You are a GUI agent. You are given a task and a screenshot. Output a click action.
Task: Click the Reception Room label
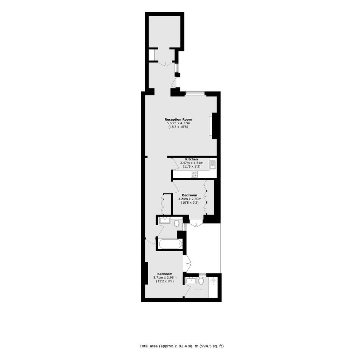[x=178, y=119]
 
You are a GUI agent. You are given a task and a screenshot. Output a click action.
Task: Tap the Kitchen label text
[x=191, y=159]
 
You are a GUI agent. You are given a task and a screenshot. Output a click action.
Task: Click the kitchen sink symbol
[x=213, y=165]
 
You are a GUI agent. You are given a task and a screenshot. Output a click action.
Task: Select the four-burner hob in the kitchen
[x=194, y=174]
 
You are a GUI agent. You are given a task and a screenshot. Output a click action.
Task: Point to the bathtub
[x=170, y=244]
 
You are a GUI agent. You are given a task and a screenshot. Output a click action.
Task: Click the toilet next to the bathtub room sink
[x=177, y=223]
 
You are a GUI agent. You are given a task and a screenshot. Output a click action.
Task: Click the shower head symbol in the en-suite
[x=214, y=280]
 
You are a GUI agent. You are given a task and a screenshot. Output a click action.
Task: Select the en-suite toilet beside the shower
[x=201, y=281]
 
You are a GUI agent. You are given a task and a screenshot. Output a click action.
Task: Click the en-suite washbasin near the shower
[x=191, y=281]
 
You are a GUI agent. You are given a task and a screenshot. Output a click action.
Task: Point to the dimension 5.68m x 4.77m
[x=178, y=123]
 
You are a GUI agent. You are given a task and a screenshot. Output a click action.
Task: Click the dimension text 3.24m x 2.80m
[x=190, y=199]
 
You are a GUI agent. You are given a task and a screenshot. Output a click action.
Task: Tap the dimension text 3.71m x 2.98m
[x=165, y=277]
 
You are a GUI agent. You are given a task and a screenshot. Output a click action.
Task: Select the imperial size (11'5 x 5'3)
[x=191, y=167]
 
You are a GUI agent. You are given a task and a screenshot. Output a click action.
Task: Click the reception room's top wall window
[x=195, y=93]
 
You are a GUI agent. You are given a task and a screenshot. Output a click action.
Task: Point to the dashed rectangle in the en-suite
[x=199, y=292]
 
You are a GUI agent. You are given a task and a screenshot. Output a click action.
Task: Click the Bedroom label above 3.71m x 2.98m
[x=165, y=274]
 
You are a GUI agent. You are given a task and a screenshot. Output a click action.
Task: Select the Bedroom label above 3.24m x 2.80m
[x=190, y=195]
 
